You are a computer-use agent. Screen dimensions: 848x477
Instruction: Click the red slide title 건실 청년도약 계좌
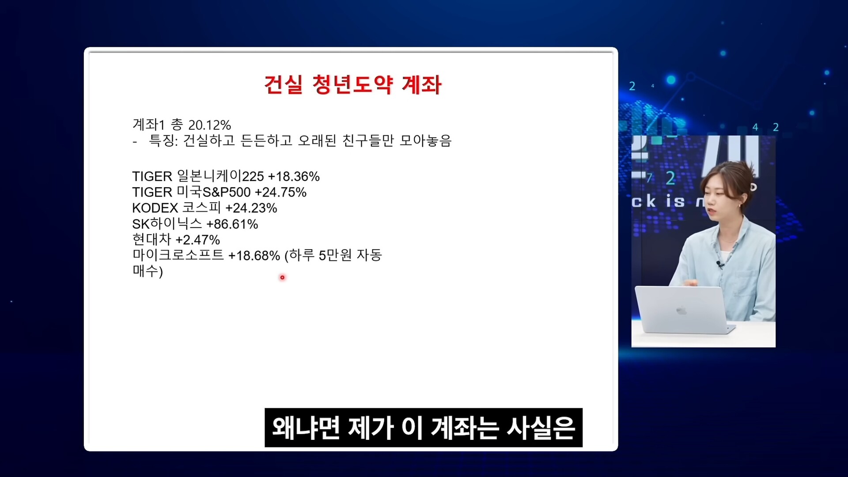pyautogui.click(x=352, y=84)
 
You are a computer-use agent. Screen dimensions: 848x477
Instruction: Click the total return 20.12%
pyautogui.click(x=209, y=125)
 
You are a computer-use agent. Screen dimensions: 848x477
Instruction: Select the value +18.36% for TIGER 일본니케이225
pyautogui.click(x=294, y=177)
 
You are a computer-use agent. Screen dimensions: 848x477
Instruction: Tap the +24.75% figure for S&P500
pyautogui.click(x=280, y=192)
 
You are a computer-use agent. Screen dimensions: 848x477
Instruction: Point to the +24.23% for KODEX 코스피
pyautogui.click(x=251, y=208)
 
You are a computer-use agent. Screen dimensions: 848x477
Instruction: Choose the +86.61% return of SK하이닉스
pyautogui.click(x=232, y=224)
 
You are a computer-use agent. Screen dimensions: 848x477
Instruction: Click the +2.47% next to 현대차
pyautogui.click(x=197, y=240)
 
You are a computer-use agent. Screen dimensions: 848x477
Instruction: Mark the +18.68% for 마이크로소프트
pyautogui.click(x=254, y=256)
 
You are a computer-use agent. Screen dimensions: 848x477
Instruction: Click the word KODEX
pyautogui.click(x=155, y=208)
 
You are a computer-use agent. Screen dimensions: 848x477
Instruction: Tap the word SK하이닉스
pyautogui.click(x=167, y=223)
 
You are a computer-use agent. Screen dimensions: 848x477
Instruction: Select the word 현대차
pyautogui.click(x=151, y=239)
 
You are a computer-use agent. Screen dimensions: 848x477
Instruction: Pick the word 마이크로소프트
pyautogui.click(x=178, y=255)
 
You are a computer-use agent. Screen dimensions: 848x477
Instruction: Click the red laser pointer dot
pyautogui.click(x=282, y=277)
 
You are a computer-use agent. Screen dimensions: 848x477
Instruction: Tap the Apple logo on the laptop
pyautogui.click(x=681, y=310)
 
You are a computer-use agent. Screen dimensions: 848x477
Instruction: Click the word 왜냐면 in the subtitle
pyautogui.click(x=306, y=428)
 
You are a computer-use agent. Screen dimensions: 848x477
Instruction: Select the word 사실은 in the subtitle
pyautogui.click(x=541, y=428)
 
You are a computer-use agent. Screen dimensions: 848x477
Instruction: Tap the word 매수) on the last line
pyautogui.click(x=148, y=271)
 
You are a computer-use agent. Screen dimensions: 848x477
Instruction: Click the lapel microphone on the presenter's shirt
pyautogui.click(x=719, y=264)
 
